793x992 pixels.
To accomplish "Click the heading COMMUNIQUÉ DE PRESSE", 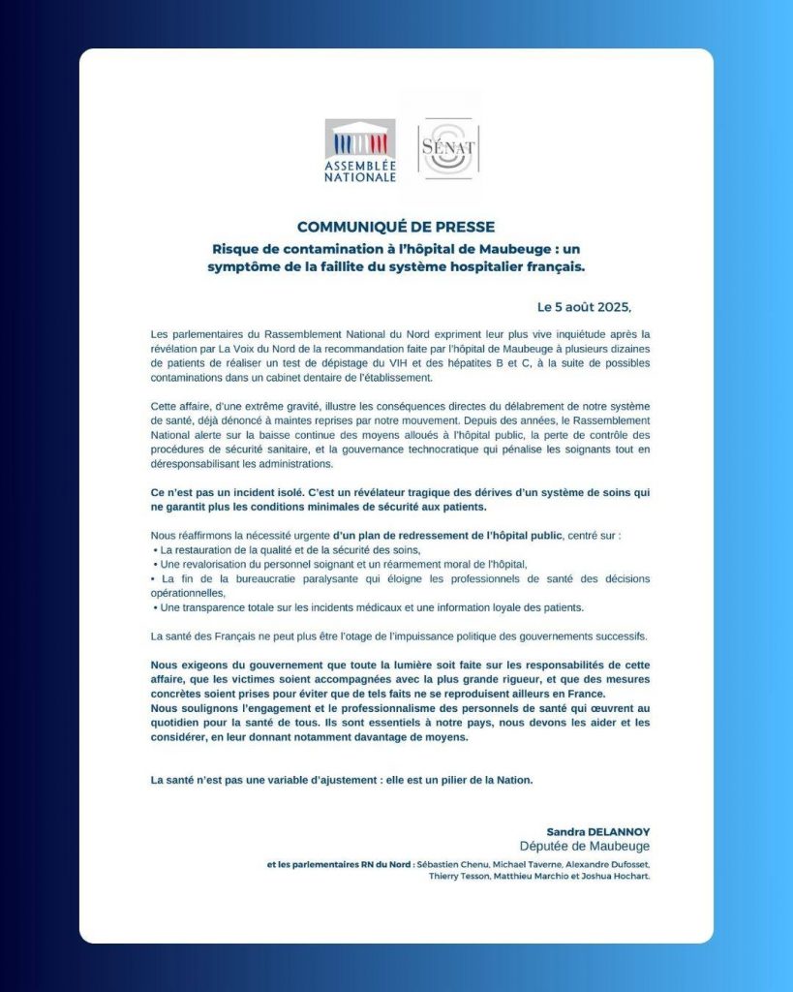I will pos(396,227).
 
